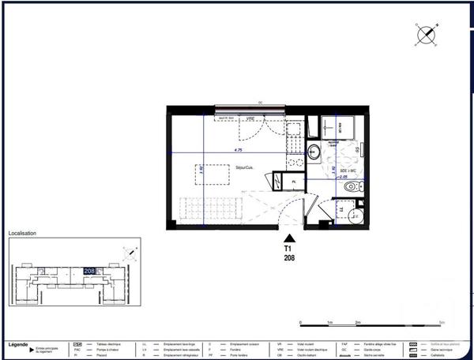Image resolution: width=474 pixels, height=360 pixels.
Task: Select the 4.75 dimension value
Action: point(237,149)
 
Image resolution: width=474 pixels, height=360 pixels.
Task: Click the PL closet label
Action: point(292,181)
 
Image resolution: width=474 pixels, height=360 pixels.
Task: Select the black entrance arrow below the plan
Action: point(291,238)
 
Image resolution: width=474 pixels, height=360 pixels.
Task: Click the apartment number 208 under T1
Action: point(291,257)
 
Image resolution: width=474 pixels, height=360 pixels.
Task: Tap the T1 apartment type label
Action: point(291,248)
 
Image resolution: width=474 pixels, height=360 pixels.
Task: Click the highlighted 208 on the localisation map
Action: point(89,270)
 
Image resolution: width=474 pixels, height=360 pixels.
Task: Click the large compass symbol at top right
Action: point(427,35)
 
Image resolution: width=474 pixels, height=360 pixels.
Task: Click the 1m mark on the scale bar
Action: point(329,323)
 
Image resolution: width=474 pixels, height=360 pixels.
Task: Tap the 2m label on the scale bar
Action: point(357,324)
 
